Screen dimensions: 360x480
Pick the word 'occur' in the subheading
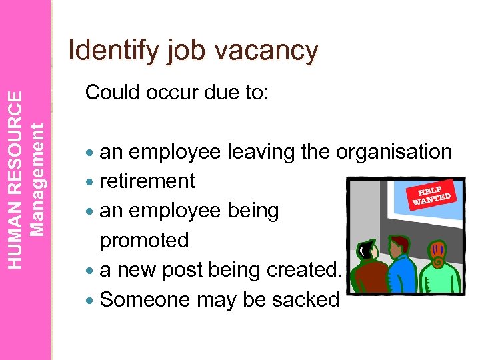point(175,93)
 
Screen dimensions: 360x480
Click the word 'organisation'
point(394,153)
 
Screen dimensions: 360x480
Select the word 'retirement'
point(147,181)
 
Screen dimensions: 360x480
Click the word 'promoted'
point(144,240)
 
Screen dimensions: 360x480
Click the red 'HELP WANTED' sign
point(433,192)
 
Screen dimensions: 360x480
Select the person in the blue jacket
point(399,273)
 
